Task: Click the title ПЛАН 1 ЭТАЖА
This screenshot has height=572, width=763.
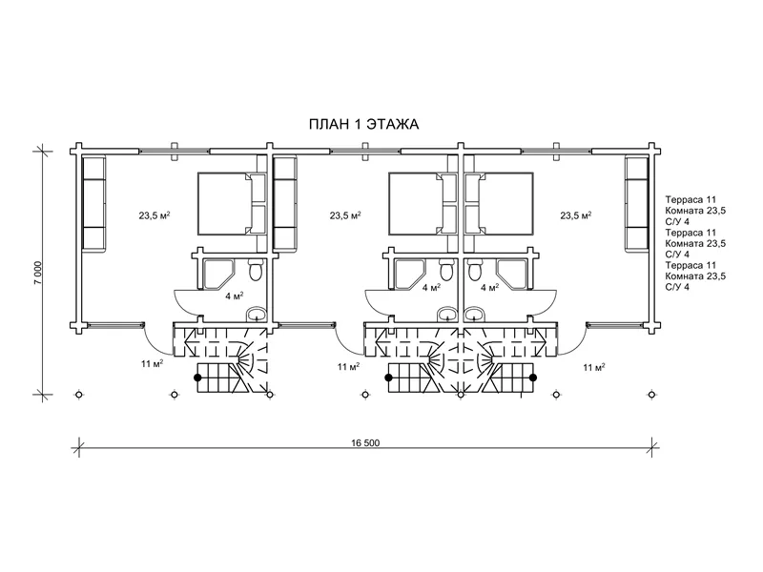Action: tap(364, 125)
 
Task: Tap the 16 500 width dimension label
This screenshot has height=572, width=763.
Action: tap(365, 442)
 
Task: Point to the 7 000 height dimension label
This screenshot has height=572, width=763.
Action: tap(38, 273)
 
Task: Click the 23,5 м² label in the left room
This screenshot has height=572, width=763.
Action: tap(155, 215)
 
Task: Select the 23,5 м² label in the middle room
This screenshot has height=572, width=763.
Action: tap(345, 215)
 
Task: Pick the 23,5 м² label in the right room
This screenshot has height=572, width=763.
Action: tap(576, 215)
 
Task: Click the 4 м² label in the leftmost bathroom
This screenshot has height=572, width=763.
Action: tap(234, 296)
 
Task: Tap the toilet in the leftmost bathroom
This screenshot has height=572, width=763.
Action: tap(256, 270)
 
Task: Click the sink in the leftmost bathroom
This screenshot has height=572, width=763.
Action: tap(256, 315)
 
